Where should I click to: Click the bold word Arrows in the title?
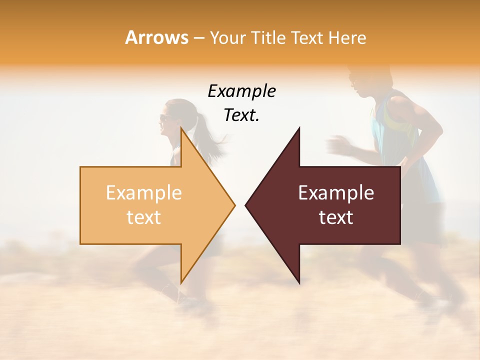pos(156,37)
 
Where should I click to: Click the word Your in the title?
pos(227,37)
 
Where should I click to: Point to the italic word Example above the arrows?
pos(241,91)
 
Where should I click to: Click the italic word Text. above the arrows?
pos(241,115)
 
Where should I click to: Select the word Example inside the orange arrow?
pos(143,193)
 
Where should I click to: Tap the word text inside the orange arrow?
pos(143,217)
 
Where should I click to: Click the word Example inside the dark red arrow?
pos(336,193)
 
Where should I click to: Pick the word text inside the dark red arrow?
pos(336,217)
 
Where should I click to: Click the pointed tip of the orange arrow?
pos(234,205)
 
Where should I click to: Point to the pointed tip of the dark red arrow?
pos(246,205)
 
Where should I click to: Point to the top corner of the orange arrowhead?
pos(181,128)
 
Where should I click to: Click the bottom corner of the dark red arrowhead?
pos(299,283)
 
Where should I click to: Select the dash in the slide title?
pos(198,38)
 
